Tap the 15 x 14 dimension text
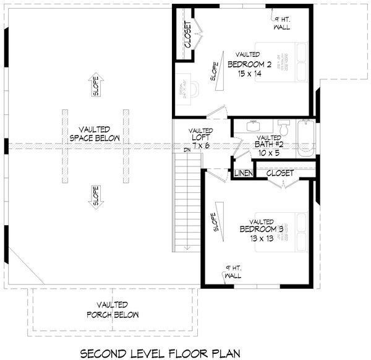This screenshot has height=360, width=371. (249, 74)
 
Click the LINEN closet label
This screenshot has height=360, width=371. (242, 174)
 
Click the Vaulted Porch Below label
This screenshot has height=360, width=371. (113, 309)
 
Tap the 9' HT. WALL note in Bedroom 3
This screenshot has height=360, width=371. (234, 272)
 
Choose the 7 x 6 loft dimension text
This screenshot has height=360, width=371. (202, 144)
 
